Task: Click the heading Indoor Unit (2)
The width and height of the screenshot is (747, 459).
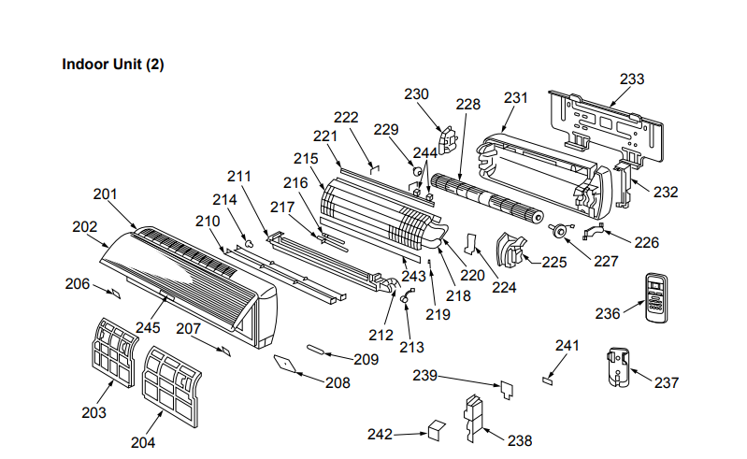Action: click(113, 65)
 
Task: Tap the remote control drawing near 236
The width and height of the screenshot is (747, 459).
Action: click(658, 298)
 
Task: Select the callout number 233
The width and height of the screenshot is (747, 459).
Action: click(632, 79)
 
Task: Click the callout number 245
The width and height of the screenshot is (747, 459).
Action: click(149, 327)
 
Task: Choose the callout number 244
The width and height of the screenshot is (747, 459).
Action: click(424, 151)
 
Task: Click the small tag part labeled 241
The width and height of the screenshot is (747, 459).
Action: click(548, 380)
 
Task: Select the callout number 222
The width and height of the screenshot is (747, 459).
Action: click(346, 117)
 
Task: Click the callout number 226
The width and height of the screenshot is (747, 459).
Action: click(646, 242)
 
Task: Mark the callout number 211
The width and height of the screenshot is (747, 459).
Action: click(240, 176)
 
